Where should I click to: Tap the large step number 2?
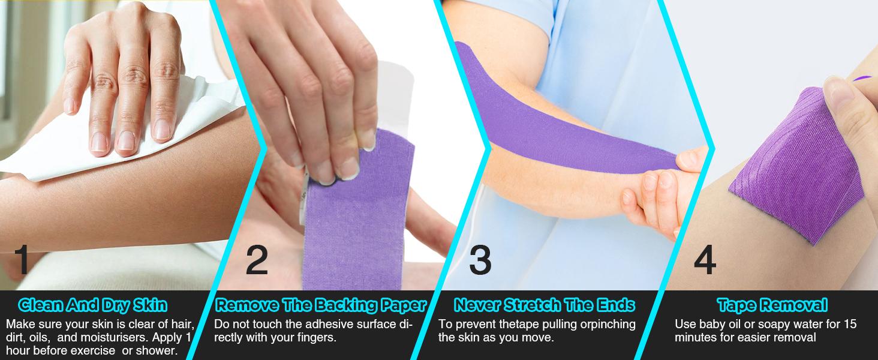coord(257,259)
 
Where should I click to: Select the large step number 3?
coord(480,259)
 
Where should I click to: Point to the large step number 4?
coord(705,259)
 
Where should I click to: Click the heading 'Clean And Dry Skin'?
coord(92,305)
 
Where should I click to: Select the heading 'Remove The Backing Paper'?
coord(321,305)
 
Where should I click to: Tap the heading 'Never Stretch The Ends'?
coord(545,305)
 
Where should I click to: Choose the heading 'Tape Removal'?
coord(772,305)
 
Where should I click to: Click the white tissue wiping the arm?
coord(118,130)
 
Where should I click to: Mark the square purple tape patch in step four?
coord(796,165)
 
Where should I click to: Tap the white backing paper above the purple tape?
coord(392,98)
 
